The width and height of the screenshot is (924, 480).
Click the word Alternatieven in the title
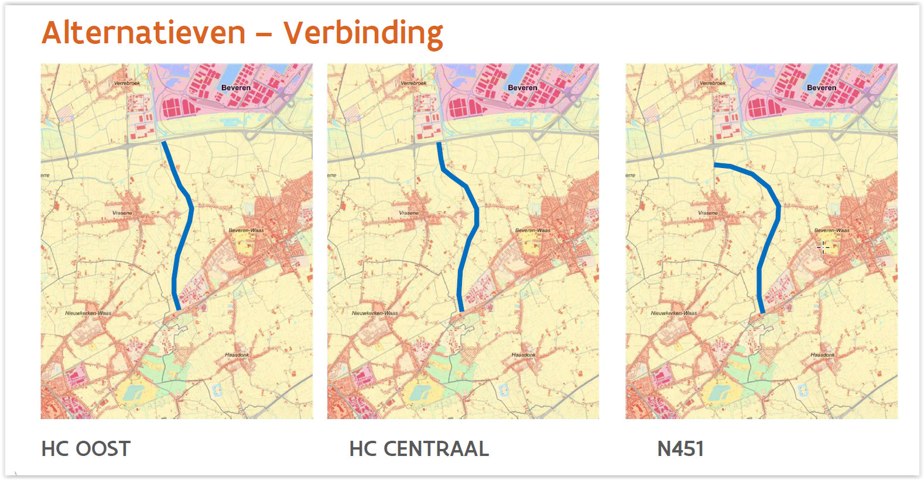pos(143,33)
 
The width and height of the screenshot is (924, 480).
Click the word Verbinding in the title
pos(363,33)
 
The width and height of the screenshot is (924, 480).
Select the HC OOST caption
pos(85,449)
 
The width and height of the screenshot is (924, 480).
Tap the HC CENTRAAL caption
pos(419,449)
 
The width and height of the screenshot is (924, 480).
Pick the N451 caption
pos(680,449)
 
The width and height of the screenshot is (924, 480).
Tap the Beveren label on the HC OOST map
pos(236,88)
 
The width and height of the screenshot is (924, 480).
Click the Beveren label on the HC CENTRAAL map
pos(522,88)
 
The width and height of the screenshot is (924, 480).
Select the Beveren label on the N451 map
pos(822,88)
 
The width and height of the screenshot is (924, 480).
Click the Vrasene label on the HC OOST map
pos(122,213)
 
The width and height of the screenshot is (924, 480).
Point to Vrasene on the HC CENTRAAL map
pos(409,213)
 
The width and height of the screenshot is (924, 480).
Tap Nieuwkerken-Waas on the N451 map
pos(674,313)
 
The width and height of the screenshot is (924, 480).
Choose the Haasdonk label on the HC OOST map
pos(237,355)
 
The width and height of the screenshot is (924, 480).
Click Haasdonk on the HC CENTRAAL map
pos(523,355)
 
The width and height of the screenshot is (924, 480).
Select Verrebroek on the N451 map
pos(713,83)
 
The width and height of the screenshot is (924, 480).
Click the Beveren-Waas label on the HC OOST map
pos(246,231)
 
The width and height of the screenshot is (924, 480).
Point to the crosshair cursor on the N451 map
pos(823,247)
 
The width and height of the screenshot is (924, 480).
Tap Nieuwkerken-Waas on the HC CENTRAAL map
pos(375,313)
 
